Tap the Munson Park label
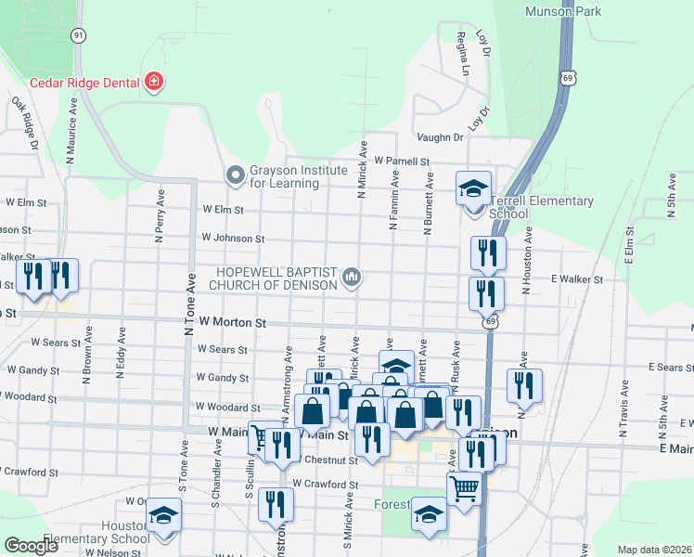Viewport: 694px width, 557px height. [562, 12]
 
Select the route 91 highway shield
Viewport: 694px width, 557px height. [79, 34]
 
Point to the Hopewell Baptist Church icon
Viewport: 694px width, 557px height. [352, 278]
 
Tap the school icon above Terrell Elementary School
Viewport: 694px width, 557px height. [473, 189]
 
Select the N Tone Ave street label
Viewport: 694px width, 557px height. [190, 310]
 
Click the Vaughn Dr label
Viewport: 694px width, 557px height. [440, 137]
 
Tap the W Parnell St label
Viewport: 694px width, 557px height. [402, 161]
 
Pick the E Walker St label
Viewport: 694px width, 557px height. [577, 278]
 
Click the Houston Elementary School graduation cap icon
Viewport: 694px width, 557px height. [163, 516]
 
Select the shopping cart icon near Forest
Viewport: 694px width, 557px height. [464, 486]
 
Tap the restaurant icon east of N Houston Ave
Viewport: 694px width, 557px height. [524, 387]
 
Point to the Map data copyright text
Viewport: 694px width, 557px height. [655, 550]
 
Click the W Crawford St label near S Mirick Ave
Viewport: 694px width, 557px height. [325, 485]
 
